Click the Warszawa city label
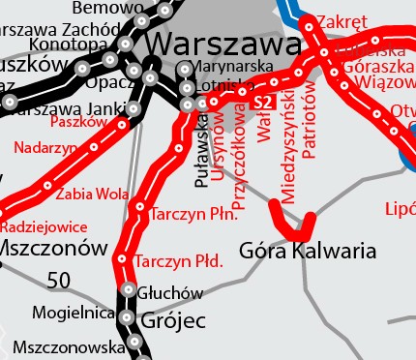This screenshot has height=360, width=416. tap(225, 45)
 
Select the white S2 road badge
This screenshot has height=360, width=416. tap(262, 102)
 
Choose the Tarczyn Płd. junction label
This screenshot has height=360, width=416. tap(180, 261)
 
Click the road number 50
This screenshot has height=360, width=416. tap(59, 281)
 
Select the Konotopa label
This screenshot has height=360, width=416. tap(69, 44)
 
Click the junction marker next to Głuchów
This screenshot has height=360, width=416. tap(129, 288)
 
